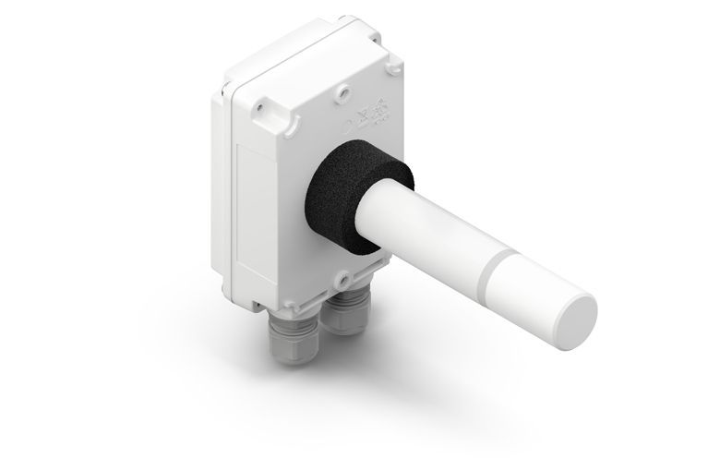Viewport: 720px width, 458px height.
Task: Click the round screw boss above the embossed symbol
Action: click(x=343, y=92)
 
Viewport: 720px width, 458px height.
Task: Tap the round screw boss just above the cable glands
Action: click(x=341, y=276)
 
